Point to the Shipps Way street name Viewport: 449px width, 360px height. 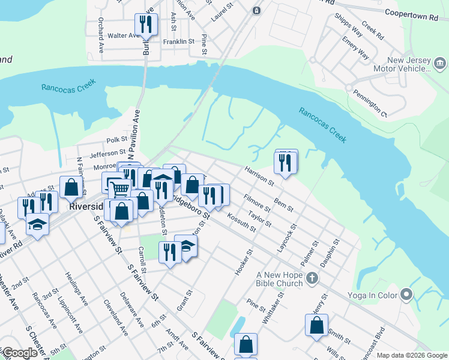click(x=348, y=25)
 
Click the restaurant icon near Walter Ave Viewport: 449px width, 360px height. click(x=146, y=25)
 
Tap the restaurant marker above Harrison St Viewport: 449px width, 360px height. click(x=286, y=162)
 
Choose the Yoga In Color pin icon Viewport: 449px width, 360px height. click(x=407, y=294)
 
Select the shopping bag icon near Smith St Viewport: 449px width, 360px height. click(x=316, y=326)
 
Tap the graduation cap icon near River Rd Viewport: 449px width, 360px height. click(x=37, y=225)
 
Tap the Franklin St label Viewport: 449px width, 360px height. click(x=179, y=42)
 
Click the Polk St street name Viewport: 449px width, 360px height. click(x=113, y=140)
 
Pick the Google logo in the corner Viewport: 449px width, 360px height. click(x=20, y=353)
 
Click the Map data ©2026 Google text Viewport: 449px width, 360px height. click(x=411, y=355)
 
